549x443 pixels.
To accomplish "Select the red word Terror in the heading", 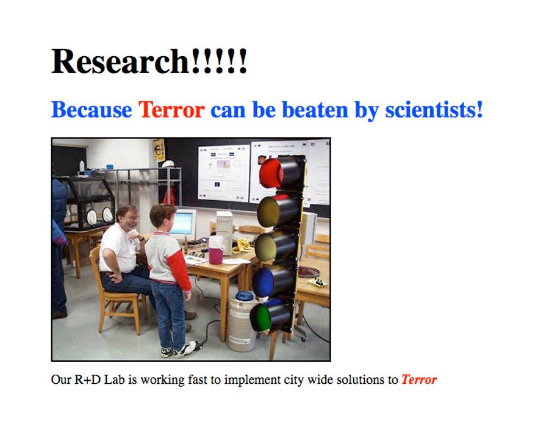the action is [171, 110].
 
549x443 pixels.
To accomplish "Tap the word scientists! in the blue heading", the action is [434, 110].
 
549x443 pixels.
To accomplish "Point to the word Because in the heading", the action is [91, 110].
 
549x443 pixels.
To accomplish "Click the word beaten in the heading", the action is [315, 110].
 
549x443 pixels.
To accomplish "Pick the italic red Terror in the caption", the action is [419, 380].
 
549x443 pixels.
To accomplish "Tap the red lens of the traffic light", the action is [271, 173].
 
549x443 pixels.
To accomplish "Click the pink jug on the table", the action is [216, 250].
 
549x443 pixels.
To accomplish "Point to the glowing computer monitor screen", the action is [181, 223].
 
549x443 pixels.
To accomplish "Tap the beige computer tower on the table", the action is [224, 232].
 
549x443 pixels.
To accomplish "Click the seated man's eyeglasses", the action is [132, 218].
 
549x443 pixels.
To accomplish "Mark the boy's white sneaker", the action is [185, 349].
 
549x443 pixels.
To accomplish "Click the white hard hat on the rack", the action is [168, 164].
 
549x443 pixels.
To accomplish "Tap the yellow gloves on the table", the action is [242, 246].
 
